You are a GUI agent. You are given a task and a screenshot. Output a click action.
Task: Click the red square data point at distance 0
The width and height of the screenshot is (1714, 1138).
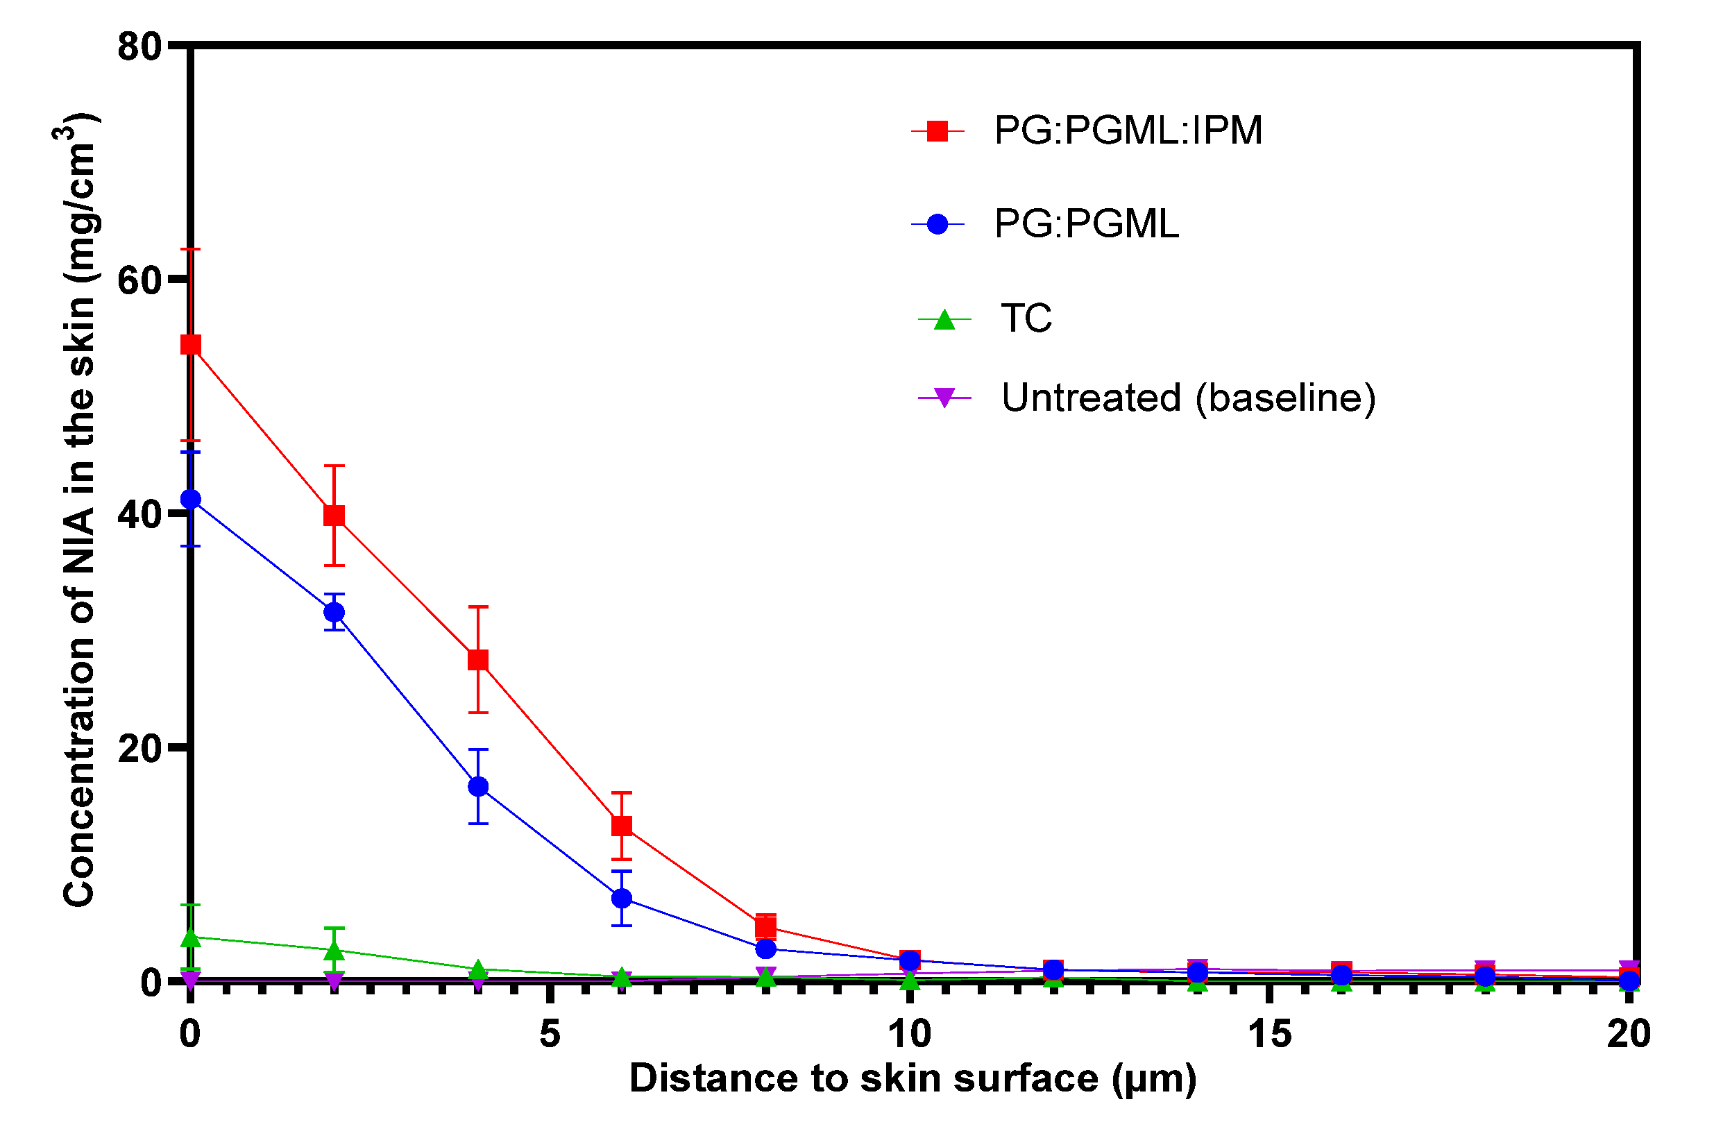190,344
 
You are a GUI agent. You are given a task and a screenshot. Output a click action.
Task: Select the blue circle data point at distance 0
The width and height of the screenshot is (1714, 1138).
190,500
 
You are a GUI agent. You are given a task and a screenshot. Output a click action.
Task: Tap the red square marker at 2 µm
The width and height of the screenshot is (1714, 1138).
334,516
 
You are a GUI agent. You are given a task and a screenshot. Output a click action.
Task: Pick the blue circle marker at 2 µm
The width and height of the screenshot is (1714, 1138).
334,612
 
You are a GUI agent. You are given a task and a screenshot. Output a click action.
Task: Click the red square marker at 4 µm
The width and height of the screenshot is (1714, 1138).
478,660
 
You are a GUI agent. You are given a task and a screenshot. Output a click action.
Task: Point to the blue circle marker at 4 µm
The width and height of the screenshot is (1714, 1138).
478,787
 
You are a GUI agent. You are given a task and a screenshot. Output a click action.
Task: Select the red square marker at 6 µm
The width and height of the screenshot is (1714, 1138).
622,826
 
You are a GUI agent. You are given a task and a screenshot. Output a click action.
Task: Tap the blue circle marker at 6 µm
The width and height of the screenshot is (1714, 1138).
622,899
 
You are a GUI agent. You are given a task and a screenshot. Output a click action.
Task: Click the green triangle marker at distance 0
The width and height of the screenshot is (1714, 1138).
190,937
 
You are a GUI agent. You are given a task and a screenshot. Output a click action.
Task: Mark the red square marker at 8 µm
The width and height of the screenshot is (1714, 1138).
765,927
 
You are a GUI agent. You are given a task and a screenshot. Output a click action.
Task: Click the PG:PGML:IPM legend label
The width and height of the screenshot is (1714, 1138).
1128,131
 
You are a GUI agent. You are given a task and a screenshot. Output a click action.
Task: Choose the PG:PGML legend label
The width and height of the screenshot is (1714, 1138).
1086,224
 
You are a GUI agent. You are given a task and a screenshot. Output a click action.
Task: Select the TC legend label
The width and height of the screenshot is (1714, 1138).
1026,319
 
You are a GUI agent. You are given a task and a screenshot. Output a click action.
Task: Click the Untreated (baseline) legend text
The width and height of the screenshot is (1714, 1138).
1189,398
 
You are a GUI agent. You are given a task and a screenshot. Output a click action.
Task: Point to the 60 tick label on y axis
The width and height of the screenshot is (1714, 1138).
139,280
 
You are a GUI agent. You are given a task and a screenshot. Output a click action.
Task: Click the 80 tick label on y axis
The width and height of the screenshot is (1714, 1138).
139,46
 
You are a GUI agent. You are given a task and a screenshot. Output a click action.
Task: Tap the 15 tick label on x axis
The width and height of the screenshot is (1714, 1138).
1270,1033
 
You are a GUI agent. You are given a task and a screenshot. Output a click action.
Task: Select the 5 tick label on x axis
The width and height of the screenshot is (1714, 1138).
550,1033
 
